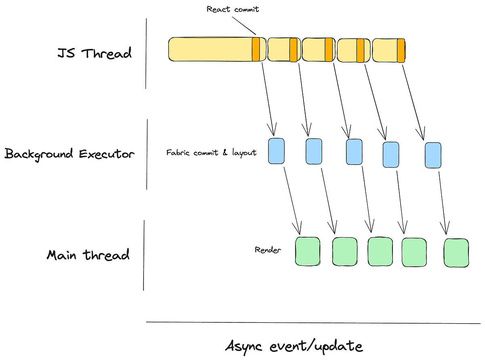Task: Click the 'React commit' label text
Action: (232, 9)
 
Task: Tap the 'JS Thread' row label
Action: (95, 53)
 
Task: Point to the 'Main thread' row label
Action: (88, 255)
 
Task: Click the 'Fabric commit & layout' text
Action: (211, 153)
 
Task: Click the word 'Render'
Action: (268, 250)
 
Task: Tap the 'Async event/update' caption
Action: (294, 346)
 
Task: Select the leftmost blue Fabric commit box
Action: (276, 151)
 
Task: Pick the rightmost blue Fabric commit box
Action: (433, 155)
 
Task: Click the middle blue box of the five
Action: (354, 152)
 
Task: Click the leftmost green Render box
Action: (308, 251)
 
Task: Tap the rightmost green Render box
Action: (457, 253)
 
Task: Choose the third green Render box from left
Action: (380, 251)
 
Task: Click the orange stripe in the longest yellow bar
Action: (256, 49)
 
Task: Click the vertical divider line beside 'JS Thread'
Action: (146, 53)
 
